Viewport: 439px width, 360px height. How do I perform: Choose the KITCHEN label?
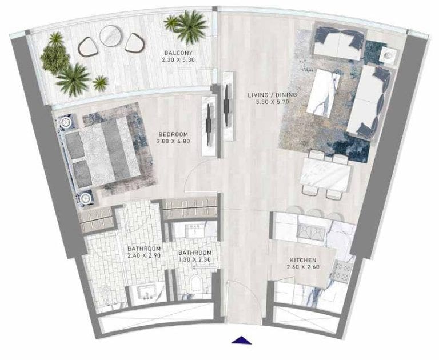[303, 260]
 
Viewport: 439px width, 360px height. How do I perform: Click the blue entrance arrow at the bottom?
[242, 339]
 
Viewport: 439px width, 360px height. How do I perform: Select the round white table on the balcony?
[109, 37]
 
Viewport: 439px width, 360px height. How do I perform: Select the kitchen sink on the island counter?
[311, 231]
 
